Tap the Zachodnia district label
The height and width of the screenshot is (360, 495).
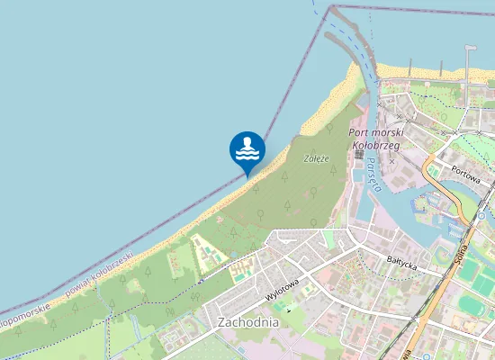tap(248, 321)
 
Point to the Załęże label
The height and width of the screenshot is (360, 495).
tap(317, 158)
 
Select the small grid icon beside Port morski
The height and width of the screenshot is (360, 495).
tap(358, 154)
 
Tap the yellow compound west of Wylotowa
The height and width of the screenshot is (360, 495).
tap(206, 252)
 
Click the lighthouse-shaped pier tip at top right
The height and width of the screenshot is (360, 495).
tap(470, 49)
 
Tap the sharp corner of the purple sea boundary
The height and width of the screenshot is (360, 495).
tap(321, 15)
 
